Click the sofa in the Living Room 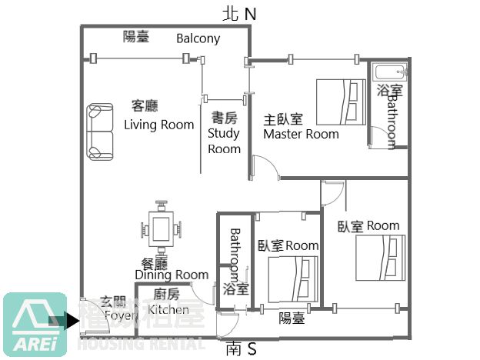(x=100, y=129)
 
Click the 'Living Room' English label (x=159, y=125)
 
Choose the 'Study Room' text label (x=224, y=141)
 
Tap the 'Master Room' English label (x=301, y=134)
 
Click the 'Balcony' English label (x=198, y=38)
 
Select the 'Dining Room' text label (x=172, y=275)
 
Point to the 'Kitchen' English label (x=168, y=309)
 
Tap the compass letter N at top (x=249, y=13)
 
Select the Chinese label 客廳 (x=145, y=106)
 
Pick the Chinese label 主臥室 (x=283, y=119)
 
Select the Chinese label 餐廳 (x=156, y=262)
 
